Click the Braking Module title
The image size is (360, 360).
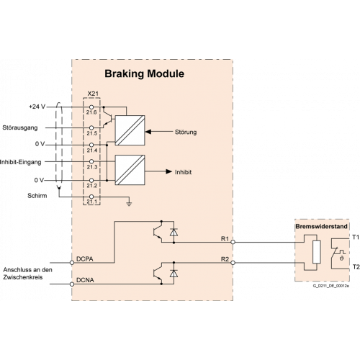144,73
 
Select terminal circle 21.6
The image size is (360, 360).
91,107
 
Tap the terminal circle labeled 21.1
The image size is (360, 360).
91,197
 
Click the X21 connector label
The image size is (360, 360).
93,94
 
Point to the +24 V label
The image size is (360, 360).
37,107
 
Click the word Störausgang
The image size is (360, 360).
20,127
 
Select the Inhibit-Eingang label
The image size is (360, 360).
21,162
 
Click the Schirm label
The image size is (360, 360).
37,196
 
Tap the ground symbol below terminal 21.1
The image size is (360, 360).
129,204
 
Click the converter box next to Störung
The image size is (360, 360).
130,130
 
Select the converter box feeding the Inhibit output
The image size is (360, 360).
130,170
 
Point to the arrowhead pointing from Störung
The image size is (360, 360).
148,132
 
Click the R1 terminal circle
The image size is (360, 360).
233,242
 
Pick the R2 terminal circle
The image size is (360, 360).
233,263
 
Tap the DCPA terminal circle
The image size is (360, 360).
72,263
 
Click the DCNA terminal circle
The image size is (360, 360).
72,284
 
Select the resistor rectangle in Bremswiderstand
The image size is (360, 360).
317,252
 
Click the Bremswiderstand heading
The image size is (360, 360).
321,226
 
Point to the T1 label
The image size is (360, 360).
356,237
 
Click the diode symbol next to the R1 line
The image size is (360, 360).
174,232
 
